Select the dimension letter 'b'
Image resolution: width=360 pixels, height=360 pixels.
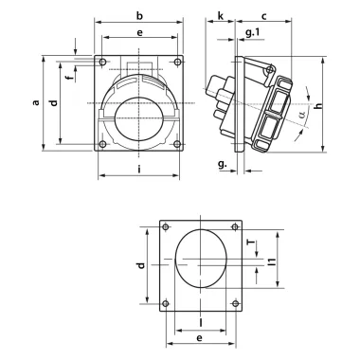pos(139,16)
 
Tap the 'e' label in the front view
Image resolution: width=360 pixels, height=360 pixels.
pos(139,33)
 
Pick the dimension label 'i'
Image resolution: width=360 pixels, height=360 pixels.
pos(139,171)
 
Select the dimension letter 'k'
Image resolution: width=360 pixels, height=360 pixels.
pos(220,17)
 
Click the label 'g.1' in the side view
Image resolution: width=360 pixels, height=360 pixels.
pos(252,34)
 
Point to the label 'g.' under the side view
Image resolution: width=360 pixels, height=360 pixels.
pos(222,164)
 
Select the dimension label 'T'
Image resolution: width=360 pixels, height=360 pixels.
pos(251,243)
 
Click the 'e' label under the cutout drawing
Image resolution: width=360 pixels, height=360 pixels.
pos(199,336)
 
